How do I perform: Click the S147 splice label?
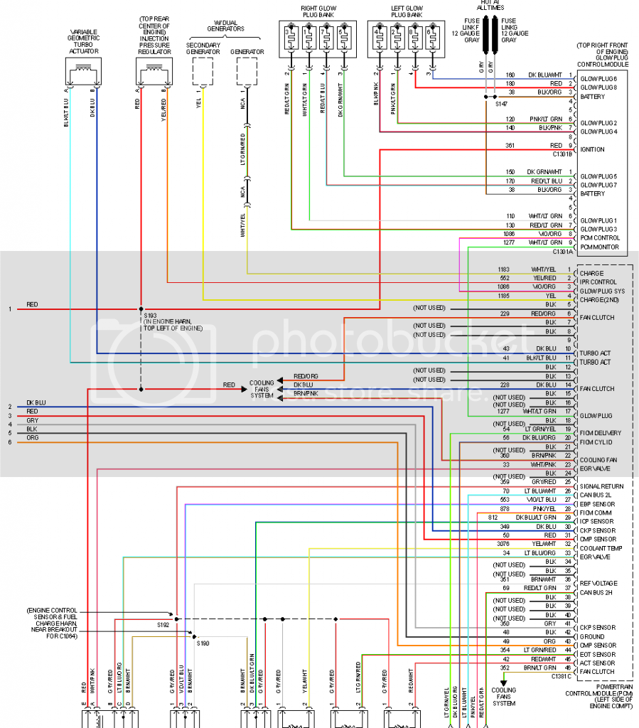[x=503, y=104]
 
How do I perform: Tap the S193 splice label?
[x=151, y=314]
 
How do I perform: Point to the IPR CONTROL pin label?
[x=598, y=282]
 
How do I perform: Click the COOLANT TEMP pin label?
[x=601, y=548]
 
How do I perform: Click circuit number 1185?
[x=504, y=294]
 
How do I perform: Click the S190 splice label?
[x=204, y=643]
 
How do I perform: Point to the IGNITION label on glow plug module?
[x=593, y=149]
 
